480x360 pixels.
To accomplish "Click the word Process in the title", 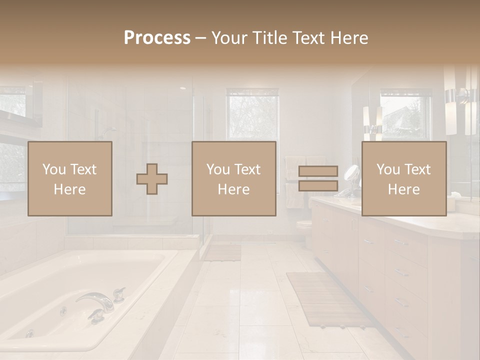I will (x=157, y=38).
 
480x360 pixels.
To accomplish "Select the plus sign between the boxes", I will (x=152, y=179).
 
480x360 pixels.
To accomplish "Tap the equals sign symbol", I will (x=318, y=178).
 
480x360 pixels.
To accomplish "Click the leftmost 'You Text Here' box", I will (x=70, y=178).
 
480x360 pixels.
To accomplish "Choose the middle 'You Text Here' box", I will (x=234, y=178).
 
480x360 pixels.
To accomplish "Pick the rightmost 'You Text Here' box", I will (x=404, y=178).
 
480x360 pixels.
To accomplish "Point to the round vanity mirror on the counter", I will (x=352, y=174).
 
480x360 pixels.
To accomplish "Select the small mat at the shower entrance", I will (x=222, y=252).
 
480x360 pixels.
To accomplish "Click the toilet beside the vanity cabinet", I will (x=304, y=227).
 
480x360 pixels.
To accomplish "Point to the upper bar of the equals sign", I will (x=318, y=171).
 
